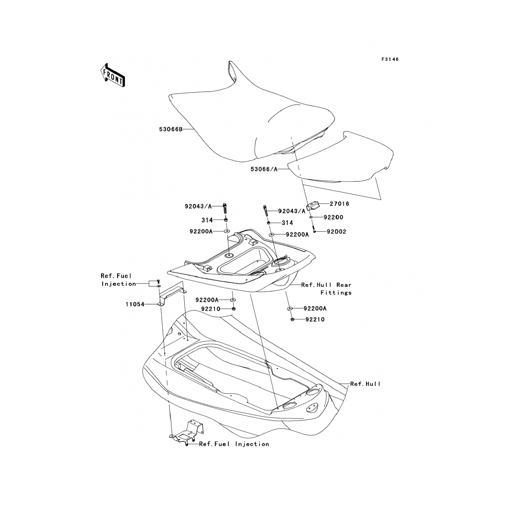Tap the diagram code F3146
tap(390, 59)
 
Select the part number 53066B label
tap(171, 129)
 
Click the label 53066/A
tap(264, 169)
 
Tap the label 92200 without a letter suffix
tap(333, 217)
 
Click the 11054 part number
tap(135, 304)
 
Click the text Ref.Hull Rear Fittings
tap(327, 289)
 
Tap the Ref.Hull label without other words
tap(365, 384)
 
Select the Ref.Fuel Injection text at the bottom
tap(234, 444)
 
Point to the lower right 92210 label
tap(315, 319)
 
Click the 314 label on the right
tap(287, 223)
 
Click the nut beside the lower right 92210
tap(293, 319)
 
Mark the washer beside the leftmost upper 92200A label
tap(226, 232)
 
